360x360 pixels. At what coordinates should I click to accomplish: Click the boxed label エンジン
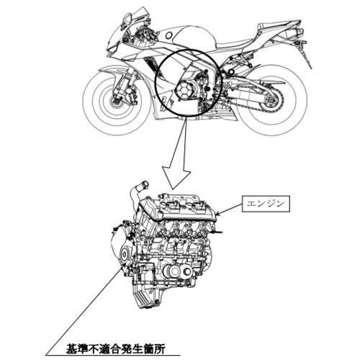click(266, 204)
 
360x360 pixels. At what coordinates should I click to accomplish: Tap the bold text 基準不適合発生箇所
click(116, 349)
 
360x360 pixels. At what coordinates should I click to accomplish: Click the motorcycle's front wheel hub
click(114, 102)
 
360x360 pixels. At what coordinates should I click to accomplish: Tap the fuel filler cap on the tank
click(169, 35)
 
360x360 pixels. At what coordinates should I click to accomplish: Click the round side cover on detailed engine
click(125, 255)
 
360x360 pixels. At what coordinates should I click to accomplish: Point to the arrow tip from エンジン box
click(216, 213)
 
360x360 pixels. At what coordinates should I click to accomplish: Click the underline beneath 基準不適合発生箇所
click(113, 356)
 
